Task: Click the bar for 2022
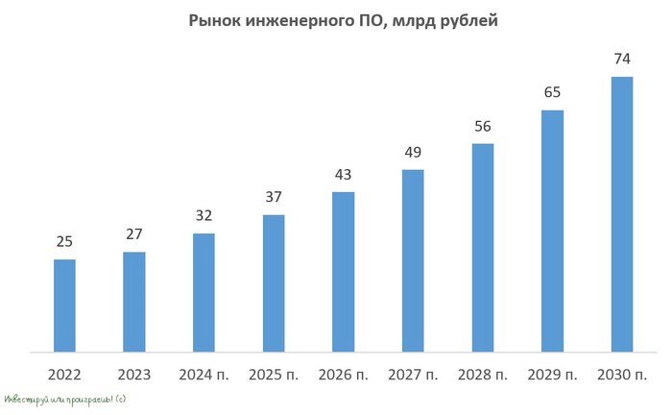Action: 64,305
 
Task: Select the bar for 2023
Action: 134,302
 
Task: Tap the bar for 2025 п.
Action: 274,282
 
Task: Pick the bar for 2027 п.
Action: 413,260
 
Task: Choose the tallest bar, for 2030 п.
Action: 622,213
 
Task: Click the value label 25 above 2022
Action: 64,242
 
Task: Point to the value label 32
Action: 204,216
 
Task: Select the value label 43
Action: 344,175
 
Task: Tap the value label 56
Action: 483,127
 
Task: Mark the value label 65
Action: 552,93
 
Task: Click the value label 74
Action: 622,60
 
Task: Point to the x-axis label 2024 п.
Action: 204,374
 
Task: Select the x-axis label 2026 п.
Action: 344,374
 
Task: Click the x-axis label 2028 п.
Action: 483,374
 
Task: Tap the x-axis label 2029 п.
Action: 552,374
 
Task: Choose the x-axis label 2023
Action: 134,374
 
